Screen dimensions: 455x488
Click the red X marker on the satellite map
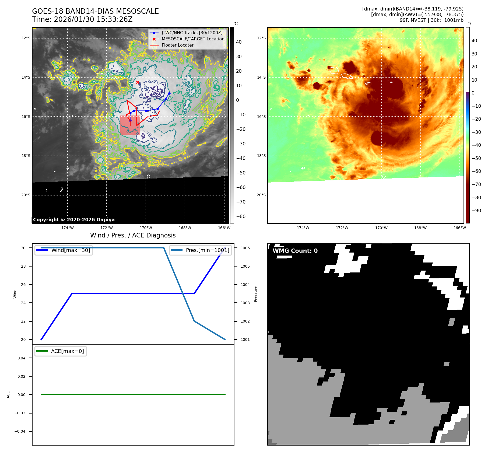pyautogui.click(x=138, y=82)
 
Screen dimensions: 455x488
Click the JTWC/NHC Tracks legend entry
pyautogui.click(x=192, y=33)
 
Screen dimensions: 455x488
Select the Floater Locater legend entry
pyautogui.click(x=177, y=45)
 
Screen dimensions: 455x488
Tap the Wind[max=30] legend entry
pyautogui.click(x=71, y=250)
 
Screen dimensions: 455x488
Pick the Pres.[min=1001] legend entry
pyautogui.click(x=207, y=250)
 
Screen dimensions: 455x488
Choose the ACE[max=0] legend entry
pyautogui.click(x=67, y=351)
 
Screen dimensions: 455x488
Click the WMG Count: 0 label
pyautogui.click(x=295, y=251)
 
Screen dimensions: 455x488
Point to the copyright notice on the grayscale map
pyautogui.click(x=74, y=220)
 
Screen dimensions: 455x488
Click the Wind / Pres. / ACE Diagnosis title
pyautogui.click(x=133, y=235)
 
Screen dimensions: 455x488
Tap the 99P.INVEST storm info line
pyautogui.click(x=431, y=20)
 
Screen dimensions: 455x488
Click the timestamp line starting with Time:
pyautogui.click(x=82, y=19)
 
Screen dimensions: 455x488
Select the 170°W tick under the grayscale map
pyautogui.click(x=146, y=228)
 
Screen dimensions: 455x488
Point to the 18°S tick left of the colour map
pyautogui.click(x=261, y=156)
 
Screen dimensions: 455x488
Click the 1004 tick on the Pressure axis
pyautogui.click(x=245, y=285)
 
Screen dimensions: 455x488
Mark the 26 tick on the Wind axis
pyautogui.click(x=23, y=285)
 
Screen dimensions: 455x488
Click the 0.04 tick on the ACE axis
pyautogui.click(x=22, y=358)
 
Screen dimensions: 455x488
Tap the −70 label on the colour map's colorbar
pyautogui.click(x=476, y=184)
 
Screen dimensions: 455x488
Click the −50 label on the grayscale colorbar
pyautogui.click(x=241, y=173)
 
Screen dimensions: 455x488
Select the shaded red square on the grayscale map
pyautogui.click(x=130, y=125)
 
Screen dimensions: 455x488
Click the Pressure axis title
pyautogui.click(x=256, y=294)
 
